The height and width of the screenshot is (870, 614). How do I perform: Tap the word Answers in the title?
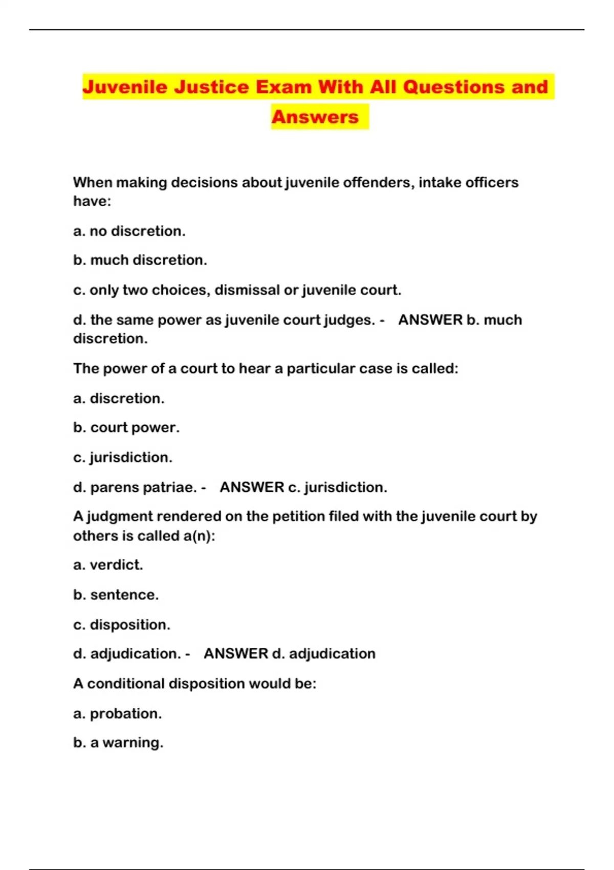(315, 117)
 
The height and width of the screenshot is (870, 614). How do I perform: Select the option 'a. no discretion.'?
(129, 231)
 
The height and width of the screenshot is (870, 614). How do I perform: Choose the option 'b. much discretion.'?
(140, 260)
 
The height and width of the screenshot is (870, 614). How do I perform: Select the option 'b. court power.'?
(126, 428)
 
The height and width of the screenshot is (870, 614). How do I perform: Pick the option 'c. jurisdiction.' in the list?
(123, 458)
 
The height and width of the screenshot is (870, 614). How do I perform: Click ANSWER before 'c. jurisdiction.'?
(252, 488)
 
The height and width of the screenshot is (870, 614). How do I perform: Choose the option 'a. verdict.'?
(108, 565)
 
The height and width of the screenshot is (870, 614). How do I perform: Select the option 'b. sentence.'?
(116, 595)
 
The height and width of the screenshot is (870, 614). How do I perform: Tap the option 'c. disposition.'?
(122, 625)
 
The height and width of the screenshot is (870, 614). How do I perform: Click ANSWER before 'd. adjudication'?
(236, 654)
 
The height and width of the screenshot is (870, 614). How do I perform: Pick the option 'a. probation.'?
(117, 714)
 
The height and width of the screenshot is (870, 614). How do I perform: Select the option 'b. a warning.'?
(118, 743)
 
